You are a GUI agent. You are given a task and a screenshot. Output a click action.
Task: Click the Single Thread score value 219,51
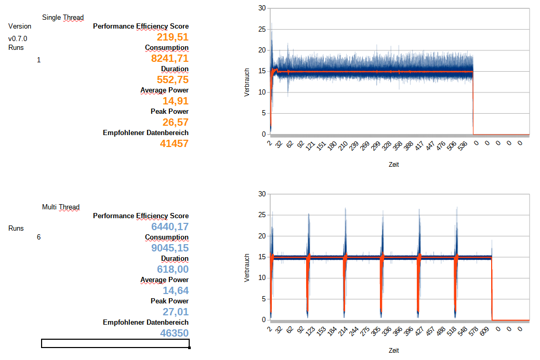pyautogui.click(x=173, y=37)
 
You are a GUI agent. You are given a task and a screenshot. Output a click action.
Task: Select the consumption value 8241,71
pyautogui.click(x=169, y=58)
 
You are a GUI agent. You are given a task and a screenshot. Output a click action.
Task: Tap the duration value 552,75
pyautogui.click(x=173, y=79)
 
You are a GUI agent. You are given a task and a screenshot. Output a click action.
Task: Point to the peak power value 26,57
pyautogui.click(x=176, y=122)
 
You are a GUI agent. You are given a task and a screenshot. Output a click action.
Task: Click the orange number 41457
pyautogui.click(x=174, y=143)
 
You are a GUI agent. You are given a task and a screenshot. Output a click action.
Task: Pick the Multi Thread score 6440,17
pyautogui.click(x=169, y=226)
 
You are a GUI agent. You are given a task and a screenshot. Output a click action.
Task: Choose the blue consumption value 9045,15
pyautogui.click(x=169, y=248)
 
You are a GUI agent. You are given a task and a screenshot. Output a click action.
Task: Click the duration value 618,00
pyautogui.click(x=173, y=269)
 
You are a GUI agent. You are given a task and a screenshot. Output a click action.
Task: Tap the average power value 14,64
pyautogui.click(x=176, y=290)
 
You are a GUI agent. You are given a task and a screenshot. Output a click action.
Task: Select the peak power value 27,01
pyautogui.click(x=176, y=312)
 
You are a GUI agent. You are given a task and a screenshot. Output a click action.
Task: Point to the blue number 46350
pyautogui.click(x=174, y=333)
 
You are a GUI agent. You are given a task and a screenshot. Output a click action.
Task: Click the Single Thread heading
pyautogui.click(x=63, y=18)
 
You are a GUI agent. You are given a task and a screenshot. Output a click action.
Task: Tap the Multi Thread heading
pyautogui.click(x=61, y=207)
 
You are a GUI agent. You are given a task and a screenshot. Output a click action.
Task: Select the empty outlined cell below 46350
pyautogui.click(x=115, y=343)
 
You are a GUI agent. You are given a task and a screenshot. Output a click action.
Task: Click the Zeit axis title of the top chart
pyautogui.click(x=394, y=165)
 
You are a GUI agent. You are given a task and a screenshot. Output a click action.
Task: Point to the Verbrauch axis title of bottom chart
pyautogui.click(x=247, y=268)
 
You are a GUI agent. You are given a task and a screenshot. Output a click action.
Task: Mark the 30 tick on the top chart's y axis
pyautogui.click(x=262, y=8)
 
